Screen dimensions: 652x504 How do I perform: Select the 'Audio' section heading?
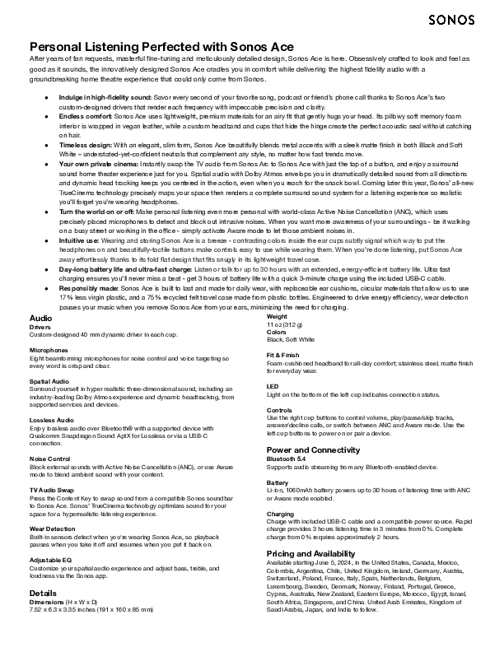[x=40, y=317]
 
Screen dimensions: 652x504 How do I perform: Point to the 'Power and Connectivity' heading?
[x=317, y=449]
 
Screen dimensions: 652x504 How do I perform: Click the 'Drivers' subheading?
[x=40, y=327]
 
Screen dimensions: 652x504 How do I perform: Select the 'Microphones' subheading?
[x=49, y=350]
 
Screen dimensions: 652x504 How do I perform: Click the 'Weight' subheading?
[x=278, y=317]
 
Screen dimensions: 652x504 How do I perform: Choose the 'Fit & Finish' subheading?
[x=283, y=354]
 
